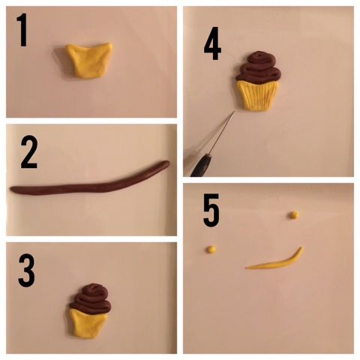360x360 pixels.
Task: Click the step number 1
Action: click(22, 30)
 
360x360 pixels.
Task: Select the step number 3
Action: click(26, 270)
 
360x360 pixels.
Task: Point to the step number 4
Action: click(212, 43)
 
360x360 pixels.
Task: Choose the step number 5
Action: click(211, 210)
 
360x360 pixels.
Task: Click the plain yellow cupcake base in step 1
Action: click(88, 60)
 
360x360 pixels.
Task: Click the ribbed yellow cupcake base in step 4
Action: click(257, 95)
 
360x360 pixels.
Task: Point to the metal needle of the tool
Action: click(222, 133)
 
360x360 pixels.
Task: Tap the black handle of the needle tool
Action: click(201, 166)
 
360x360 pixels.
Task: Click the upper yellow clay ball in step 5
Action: click(294, 214)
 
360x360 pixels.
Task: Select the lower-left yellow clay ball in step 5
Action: click(211, 249)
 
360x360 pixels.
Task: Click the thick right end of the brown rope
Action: click(166, 163)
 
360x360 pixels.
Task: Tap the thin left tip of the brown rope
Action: click(13, 190)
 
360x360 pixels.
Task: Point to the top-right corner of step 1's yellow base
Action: click(111, 44)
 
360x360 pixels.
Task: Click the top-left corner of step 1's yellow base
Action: click(68, 46)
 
